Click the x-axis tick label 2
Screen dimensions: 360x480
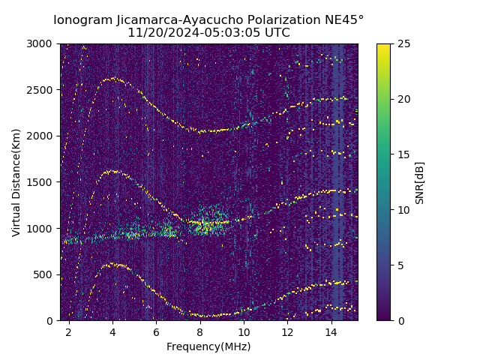[x=68, y=331]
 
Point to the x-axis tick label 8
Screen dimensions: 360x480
[x=200, y=331]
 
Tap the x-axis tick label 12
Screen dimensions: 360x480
[x=287, y=331]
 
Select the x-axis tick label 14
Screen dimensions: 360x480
[x=331, y=331]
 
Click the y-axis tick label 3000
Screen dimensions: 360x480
[x=41, y=44]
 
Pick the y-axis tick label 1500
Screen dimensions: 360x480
[x=41, y=182]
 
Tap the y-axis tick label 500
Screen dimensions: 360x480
[x=44, y=274]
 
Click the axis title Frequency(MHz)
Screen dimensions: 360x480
[x=208, y=346]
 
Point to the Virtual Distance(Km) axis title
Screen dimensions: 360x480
[x=16, y=182]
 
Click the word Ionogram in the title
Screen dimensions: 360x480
[x=82, y=19]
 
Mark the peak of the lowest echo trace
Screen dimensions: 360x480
[x=112, y=264]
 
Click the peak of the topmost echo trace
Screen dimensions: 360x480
[x=112, y=78]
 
